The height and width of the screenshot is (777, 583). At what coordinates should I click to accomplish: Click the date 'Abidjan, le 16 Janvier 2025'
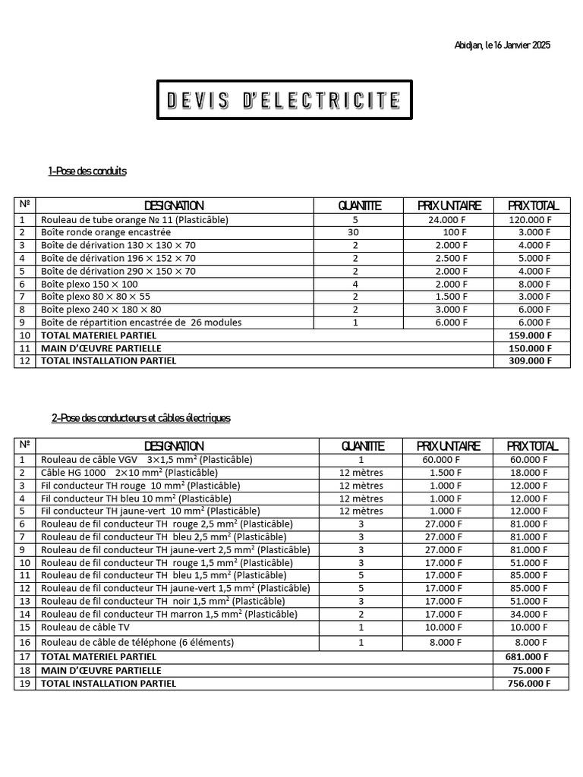point(502,46)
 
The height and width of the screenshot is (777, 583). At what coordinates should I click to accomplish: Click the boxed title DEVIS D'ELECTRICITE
point(284,99)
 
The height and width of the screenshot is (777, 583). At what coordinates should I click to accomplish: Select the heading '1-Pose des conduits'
point(87,171)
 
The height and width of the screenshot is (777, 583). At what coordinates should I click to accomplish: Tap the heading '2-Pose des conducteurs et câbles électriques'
point(141,418)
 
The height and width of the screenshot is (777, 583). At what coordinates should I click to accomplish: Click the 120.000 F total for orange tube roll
point(529,219)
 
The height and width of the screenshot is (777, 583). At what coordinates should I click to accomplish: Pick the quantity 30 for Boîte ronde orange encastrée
point(355,232)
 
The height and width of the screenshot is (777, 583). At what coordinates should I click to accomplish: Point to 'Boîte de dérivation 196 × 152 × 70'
point(118,258)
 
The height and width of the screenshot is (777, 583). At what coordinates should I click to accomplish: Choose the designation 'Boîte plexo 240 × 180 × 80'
point(101,310)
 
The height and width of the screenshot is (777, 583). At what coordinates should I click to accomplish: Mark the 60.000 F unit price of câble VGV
point(441,460)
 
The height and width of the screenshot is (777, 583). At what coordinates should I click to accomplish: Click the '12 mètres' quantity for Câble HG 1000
point(361,473)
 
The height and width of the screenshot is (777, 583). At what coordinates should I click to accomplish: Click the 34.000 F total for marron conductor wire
point(531,615)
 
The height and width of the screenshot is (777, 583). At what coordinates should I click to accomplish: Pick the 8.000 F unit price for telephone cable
point(446,642)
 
